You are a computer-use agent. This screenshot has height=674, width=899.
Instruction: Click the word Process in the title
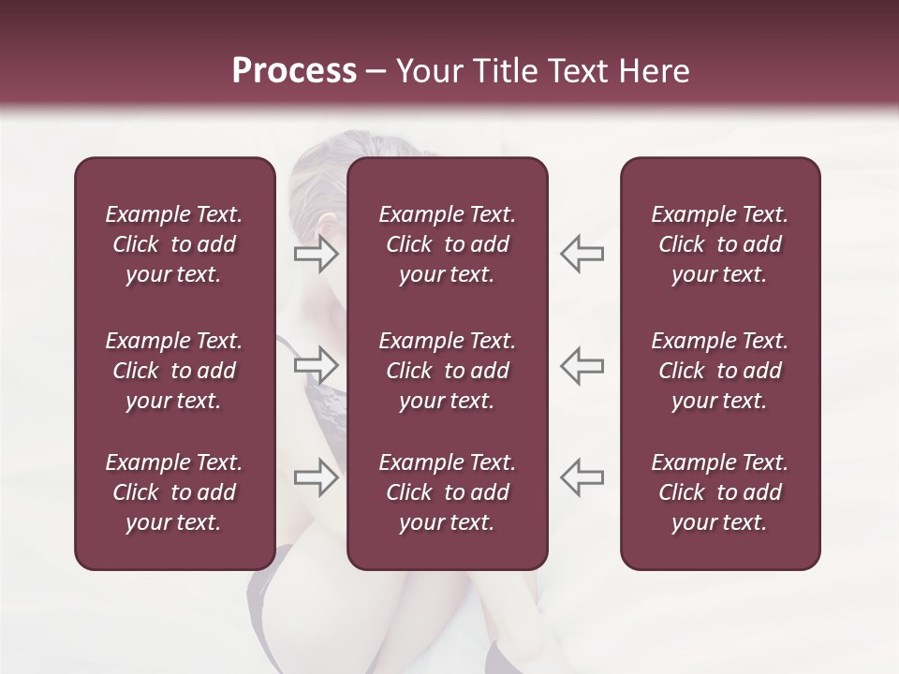pyautogui.click(x=294, y=71)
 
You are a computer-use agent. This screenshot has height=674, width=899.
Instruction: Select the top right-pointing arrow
pyautogui.click(x=317, y=254)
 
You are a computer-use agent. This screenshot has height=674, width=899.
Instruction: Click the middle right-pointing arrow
pyautogui.click(x=317, y=364)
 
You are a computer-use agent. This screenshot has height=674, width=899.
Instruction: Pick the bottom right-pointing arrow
pyautogui.click(x=317, y=477)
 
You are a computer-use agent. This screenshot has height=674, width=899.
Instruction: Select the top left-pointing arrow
pyautogui.click(x=582, y=254)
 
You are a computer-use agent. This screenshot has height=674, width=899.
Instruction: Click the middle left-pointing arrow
pyautogui.click(x=582, y=364)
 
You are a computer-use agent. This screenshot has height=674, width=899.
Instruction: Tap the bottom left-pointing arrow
pyautogui.click(x=582, y=477)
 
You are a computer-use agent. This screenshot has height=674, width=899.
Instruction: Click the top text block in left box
pyautogui.click(x=174, y=244)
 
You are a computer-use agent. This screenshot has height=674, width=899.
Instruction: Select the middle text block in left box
pyautogui.click(x=174, y=371)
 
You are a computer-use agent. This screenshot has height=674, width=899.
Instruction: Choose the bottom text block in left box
pyautogui.click(x=174, y=492)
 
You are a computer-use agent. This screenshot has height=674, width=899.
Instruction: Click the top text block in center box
pyautogui.click(x=447, y=244)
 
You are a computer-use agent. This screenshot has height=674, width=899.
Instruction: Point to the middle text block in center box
pyautogui.click(x=447, y=371)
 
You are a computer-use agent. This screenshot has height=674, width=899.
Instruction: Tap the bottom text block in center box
pyautogui.click(x=447, y=492)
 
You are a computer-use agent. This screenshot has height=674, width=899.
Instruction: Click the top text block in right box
pyautogui.click(x=719, y=244)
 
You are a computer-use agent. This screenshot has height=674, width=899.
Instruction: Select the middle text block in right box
pyautogui.click(x=719, y=371)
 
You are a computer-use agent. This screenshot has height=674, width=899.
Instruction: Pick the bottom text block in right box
pyautogui.click(x=719, y=492)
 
